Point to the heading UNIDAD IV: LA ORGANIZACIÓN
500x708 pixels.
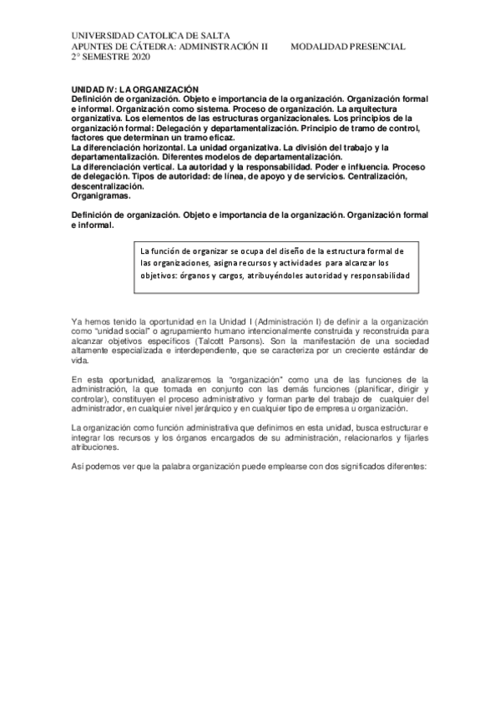pos(134,88)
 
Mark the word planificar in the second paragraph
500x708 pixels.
pos(371,388)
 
